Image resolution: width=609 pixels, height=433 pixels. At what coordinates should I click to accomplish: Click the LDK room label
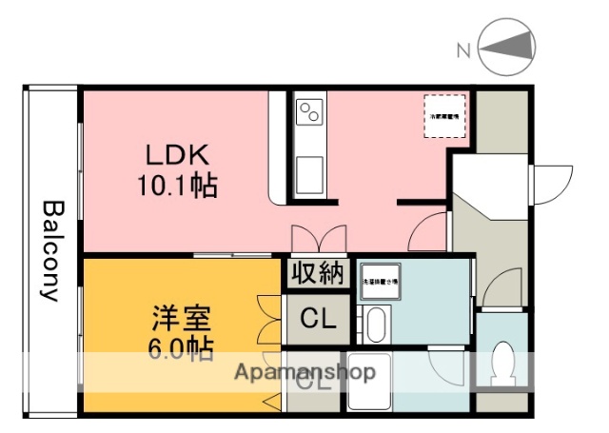coord(176,154)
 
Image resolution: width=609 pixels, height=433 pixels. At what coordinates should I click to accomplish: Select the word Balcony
coord(51,249)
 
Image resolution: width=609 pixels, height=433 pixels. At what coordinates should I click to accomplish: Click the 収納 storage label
coord(317,273)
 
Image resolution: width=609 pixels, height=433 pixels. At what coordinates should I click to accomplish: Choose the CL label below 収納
coord(317,320)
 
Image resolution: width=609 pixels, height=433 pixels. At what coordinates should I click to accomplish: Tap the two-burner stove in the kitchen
coord(309,114)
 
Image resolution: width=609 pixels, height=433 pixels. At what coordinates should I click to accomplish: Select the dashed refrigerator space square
coord(442,115)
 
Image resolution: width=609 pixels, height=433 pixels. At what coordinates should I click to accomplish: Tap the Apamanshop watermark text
coord(304,371)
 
